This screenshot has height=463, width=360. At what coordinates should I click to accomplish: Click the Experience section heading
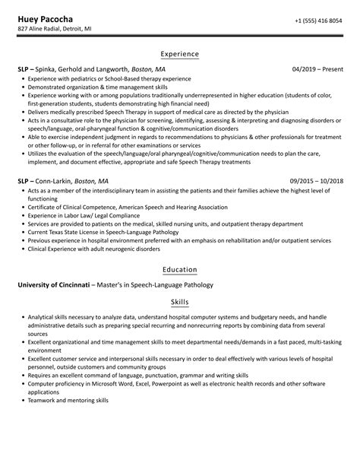click(180, 54)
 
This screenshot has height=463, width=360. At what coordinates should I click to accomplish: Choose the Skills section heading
click(180, 302)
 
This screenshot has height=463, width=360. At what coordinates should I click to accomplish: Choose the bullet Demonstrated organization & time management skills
click(99, 87)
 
